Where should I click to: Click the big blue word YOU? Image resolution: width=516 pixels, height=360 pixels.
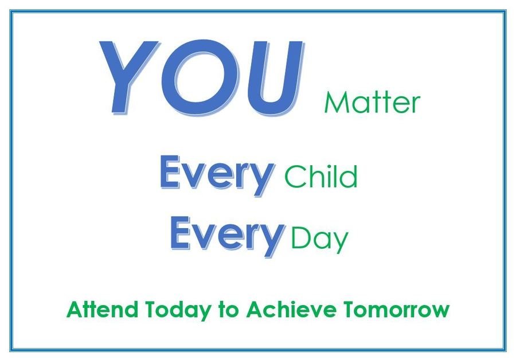pos(201,78)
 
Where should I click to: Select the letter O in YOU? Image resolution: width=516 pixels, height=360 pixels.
pos(200,78)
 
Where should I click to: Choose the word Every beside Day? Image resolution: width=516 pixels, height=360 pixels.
pos(227,236)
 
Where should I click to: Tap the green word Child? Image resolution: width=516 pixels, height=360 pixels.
pos(321,176)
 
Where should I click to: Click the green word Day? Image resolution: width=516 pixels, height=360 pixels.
pos(319,239)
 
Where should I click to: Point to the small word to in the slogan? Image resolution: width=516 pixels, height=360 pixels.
pos(228,310)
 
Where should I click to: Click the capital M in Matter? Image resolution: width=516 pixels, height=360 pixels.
pos(335,103)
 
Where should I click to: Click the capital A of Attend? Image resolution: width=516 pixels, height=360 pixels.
pos(75,309)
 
